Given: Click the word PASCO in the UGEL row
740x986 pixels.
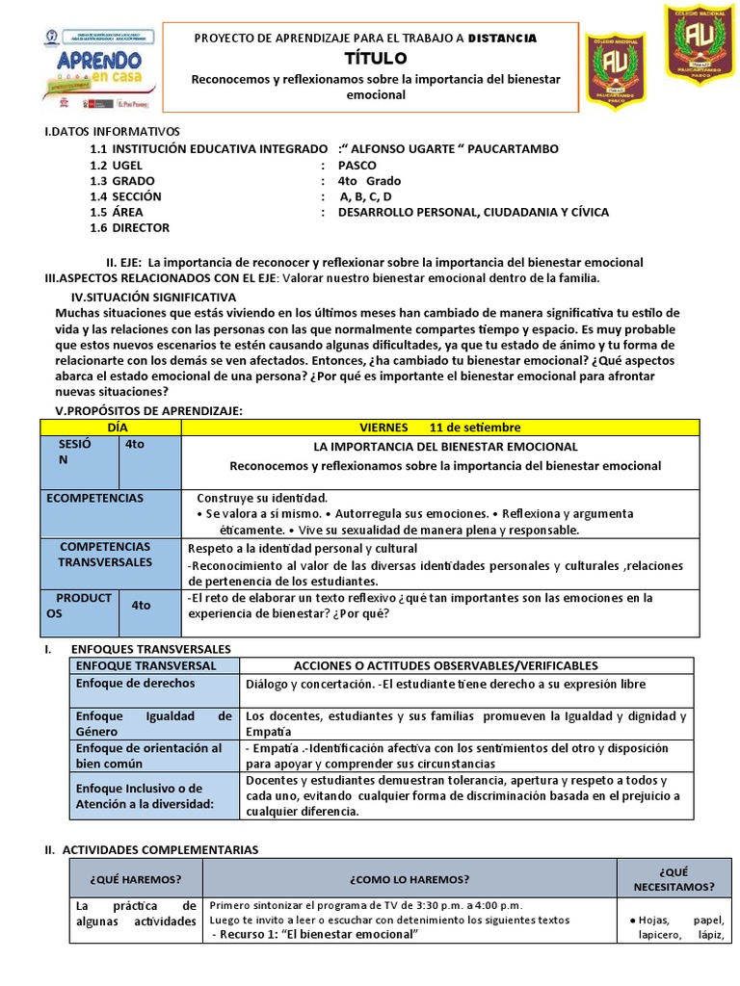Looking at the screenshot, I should pyautogui.click(x=357, y=165).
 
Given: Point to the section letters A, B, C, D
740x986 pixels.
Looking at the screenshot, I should pyautogui.click(x=365, y=196).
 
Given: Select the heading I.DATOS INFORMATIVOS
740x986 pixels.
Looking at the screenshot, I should pyautogui.click(x=113, y=131).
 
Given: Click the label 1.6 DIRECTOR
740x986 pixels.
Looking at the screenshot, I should pyautogui.click(x=129, y=227).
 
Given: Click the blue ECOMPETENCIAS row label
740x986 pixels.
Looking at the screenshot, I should pyautogui.click(x=95, y=498).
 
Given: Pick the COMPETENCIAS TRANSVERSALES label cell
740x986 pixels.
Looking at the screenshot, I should pyautogui.click(x=106, y=554).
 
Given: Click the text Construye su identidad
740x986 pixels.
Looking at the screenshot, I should pyautogui.click(x=262, y=498).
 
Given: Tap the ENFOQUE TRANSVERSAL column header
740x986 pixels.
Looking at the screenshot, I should pyautogui.click(x=145, y=665).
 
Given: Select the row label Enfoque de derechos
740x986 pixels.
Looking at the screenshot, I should pyautogui.click(x=135, y=683).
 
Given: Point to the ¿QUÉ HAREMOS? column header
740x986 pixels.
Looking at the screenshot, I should pyautogui.click(x=135, y=879).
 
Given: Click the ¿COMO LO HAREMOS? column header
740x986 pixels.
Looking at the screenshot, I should pyautogui.click(x=410, y=879).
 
